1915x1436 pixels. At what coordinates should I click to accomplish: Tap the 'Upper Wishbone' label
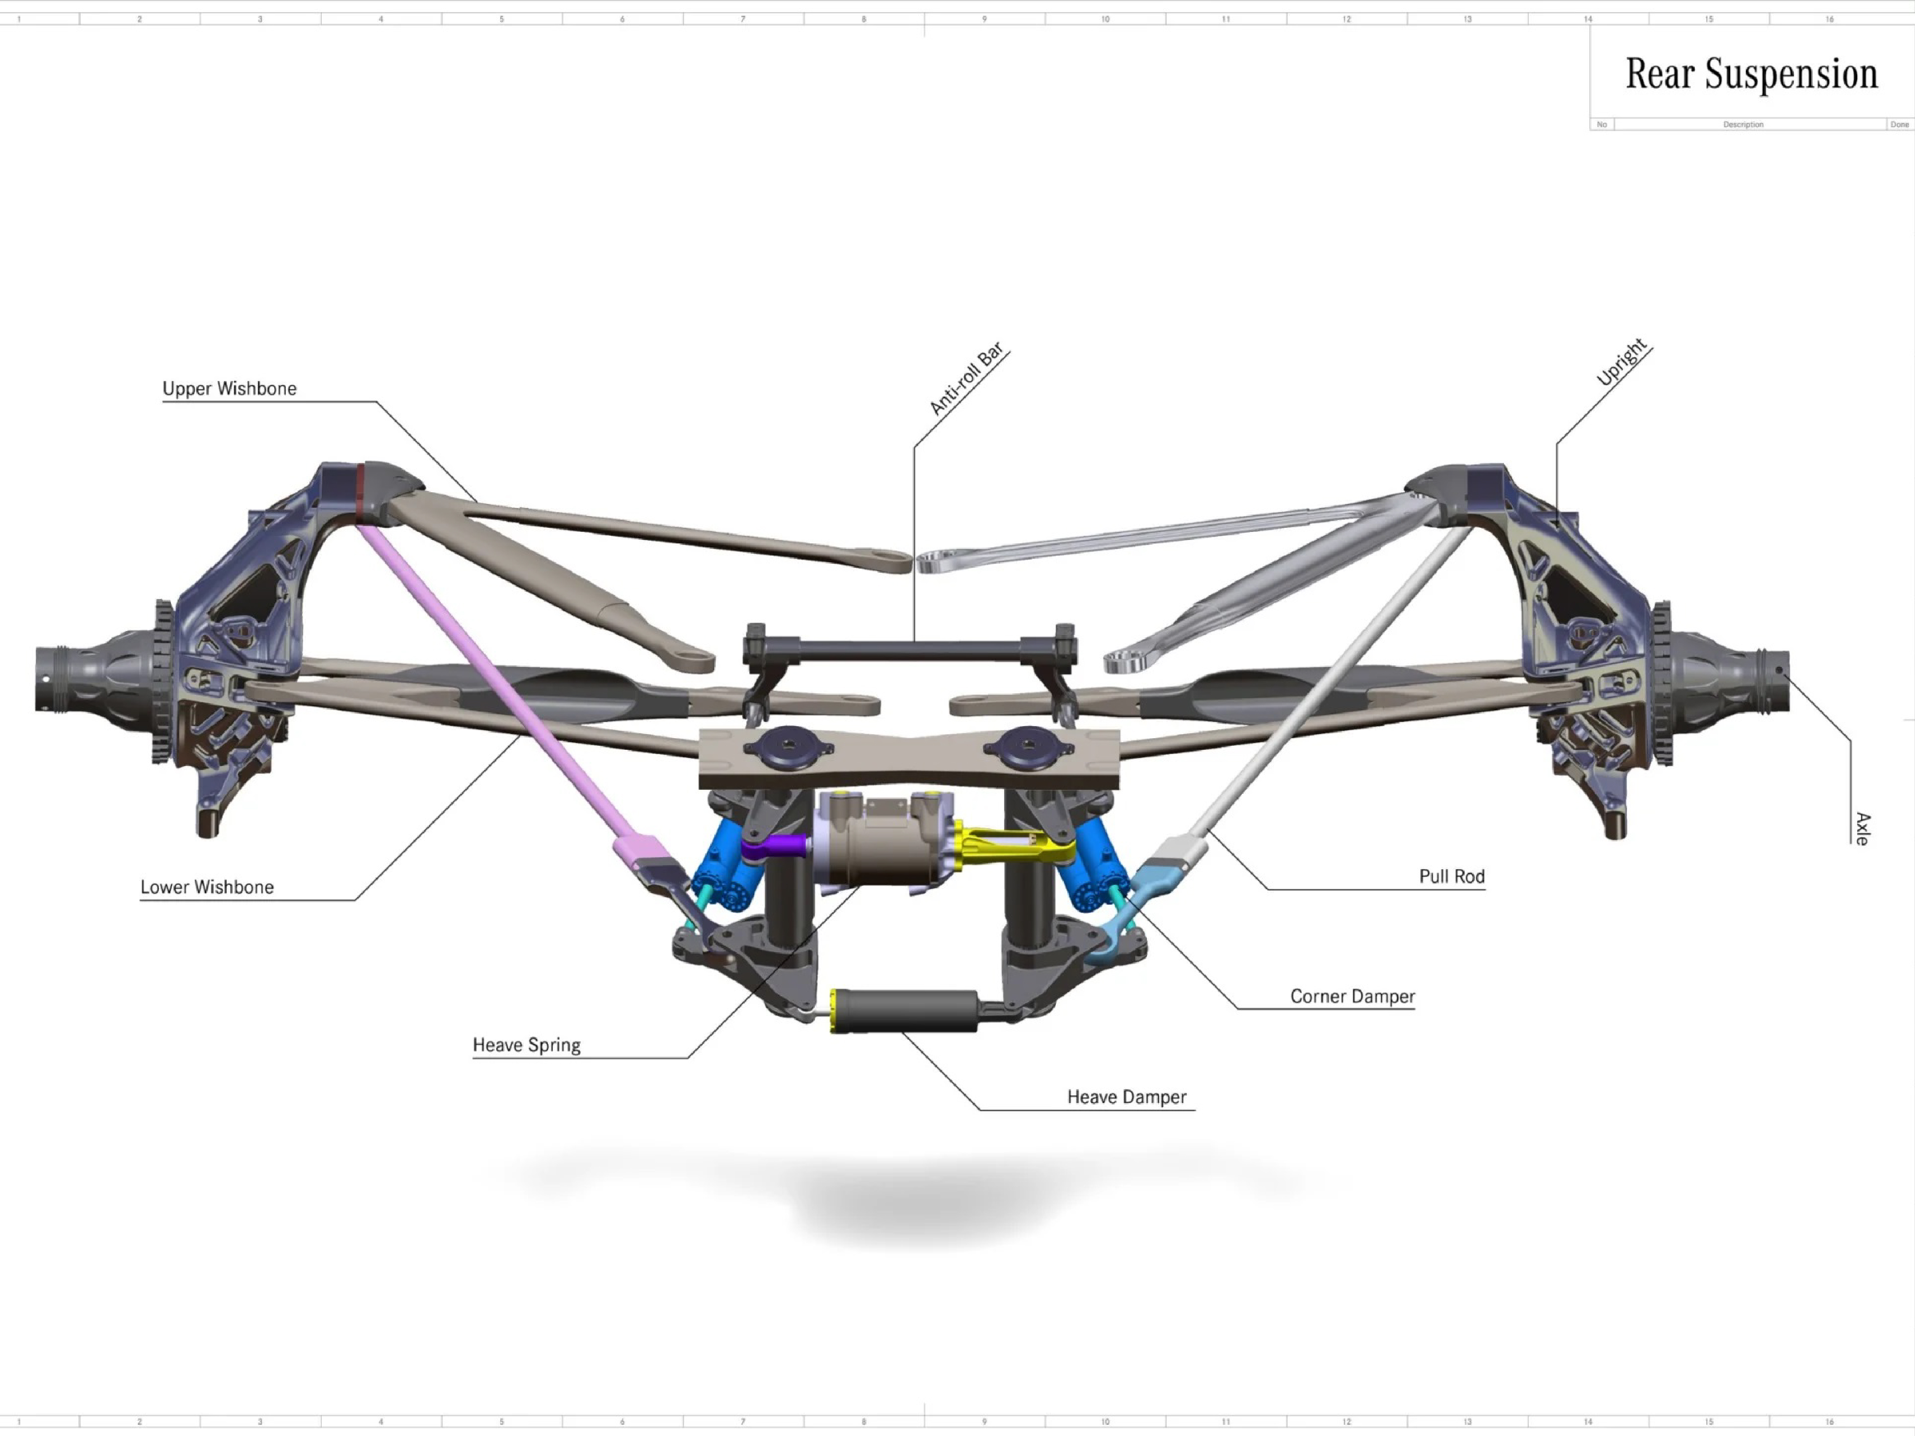click(x=229, y=389)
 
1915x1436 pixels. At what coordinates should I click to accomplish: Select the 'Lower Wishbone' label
click(x=207, y=887)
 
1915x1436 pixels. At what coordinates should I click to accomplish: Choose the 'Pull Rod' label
click(x=1452, y=876)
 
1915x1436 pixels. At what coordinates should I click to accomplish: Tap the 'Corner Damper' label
click(x=1352, y=996)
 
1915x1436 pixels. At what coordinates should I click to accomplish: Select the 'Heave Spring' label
click(x=526, y=1046)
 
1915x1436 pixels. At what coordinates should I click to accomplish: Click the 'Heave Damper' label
click(x=1126, y=1097)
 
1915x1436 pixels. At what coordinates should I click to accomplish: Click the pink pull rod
click(x=502, y=693)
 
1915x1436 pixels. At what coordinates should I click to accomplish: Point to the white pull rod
click(x=1325, y=693)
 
